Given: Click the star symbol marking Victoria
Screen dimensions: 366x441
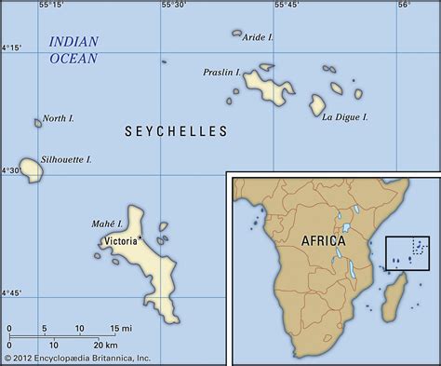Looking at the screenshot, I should pos(140,239).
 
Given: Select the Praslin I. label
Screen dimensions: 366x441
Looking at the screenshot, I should pos(222,71).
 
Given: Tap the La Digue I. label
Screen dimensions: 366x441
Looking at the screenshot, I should pos(345,116).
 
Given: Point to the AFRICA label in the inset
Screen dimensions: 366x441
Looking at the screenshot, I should pos(323,239).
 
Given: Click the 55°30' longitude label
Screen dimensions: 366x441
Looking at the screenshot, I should pos(173,6).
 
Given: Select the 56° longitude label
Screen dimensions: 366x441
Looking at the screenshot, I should pos(404,6).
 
